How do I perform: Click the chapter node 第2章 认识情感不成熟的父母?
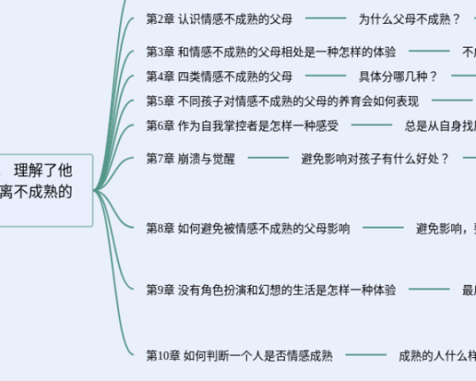220,18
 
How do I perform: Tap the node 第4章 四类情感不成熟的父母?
220,76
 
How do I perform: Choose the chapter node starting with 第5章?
282,101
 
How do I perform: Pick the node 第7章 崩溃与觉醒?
190,158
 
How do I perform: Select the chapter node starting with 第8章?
248,229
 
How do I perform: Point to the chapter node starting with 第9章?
271,291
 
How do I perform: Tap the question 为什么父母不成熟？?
409,18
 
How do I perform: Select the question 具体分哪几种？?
398,76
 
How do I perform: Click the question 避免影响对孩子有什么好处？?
375,158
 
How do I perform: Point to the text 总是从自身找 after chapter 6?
440,125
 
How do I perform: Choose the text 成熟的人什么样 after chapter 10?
437,356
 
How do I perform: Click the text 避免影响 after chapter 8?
443,229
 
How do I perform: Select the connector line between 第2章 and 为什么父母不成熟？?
325,18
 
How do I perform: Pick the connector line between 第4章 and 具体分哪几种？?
325,76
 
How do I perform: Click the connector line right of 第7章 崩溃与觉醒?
268,158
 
